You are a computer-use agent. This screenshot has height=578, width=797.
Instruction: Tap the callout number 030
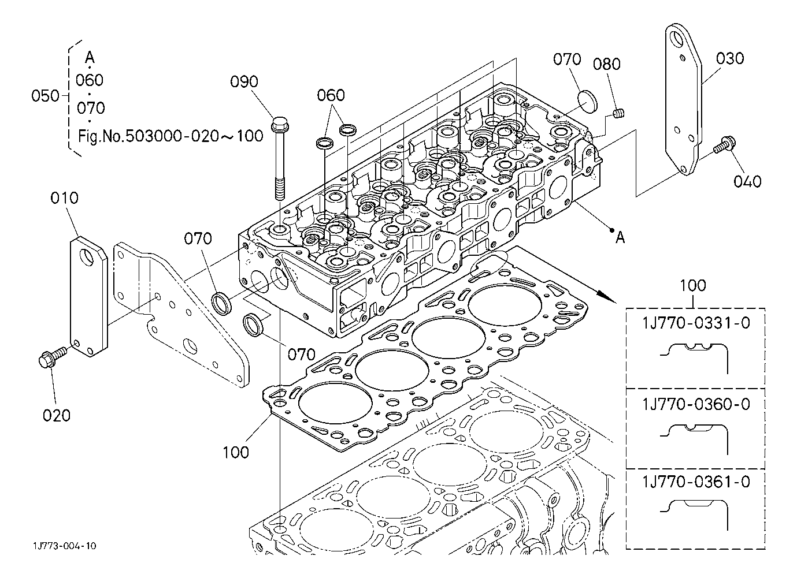pos(729,59)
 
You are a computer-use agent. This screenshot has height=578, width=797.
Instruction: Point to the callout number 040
pos(747,181)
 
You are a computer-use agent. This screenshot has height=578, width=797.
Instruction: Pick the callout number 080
pos(606,64)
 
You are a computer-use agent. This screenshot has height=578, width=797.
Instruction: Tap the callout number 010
pos(64,199)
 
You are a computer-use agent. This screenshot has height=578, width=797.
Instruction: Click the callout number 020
pos(56,415)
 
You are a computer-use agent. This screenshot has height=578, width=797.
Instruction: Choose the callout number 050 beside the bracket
pos(45,96)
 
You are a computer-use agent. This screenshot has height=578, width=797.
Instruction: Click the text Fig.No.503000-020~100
pos(170,136)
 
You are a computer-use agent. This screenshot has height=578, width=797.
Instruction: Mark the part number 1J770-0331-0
pos(696,323)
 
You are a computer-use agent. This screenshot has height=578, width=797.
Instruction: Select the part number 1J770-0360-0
pos(696,404)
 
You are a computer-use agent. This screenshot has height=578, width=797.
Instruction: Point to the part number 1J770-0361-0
pos(696,482)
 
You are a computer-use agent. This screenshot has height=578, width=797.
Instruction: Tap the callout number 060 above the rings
pos(331,95)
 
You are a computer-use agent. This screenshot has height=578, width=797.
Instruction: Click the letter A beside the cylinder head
pos(620,237)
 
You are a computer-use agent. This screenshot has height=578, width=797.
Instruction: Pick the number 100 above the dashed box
pos(693,285)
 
